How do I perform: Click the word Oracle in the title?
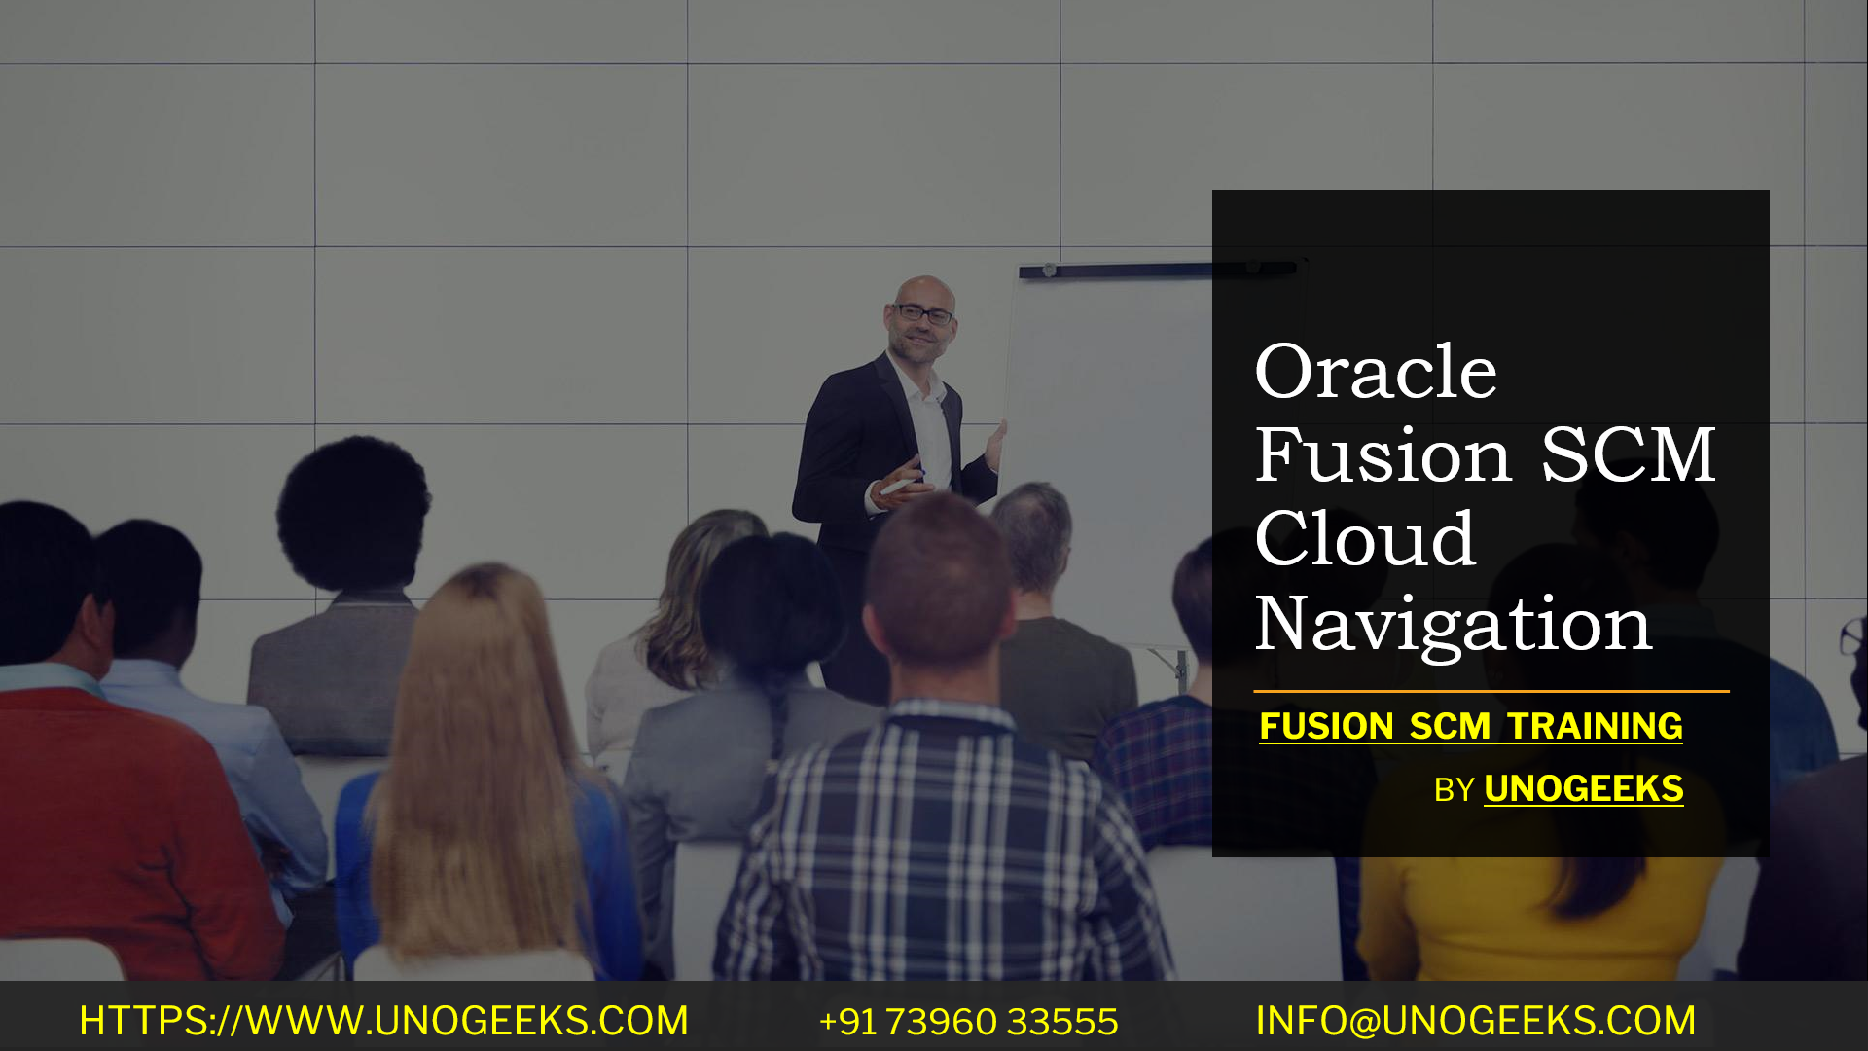coord(1376,372)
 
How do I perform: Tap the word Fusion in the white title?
coord(1383,455)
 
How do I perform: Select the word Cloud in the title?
coord(1365,539)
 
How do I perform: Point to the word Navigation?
coord(1454,624)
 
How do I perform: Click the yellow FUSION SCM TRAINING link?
coord(1470,726)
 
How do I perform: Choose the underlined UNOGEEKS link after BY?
coord(1583,788)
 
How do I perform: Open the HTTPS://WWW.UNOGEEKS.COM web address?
coord(383,1021)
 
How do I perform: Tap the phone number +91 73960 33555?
coord(969,1022)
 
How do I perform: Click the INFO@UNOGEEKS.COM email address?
coord(1475,1021)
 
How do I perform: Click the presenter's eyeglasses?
coord(923,314)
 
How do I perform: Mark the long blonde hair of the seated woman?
coord(477,740)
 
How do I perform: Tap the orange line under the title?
coord(1491,691)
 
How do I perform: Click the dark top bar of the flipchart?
coord(1119,271)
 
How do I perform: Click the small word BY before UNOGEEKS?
coord(1454,790)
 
